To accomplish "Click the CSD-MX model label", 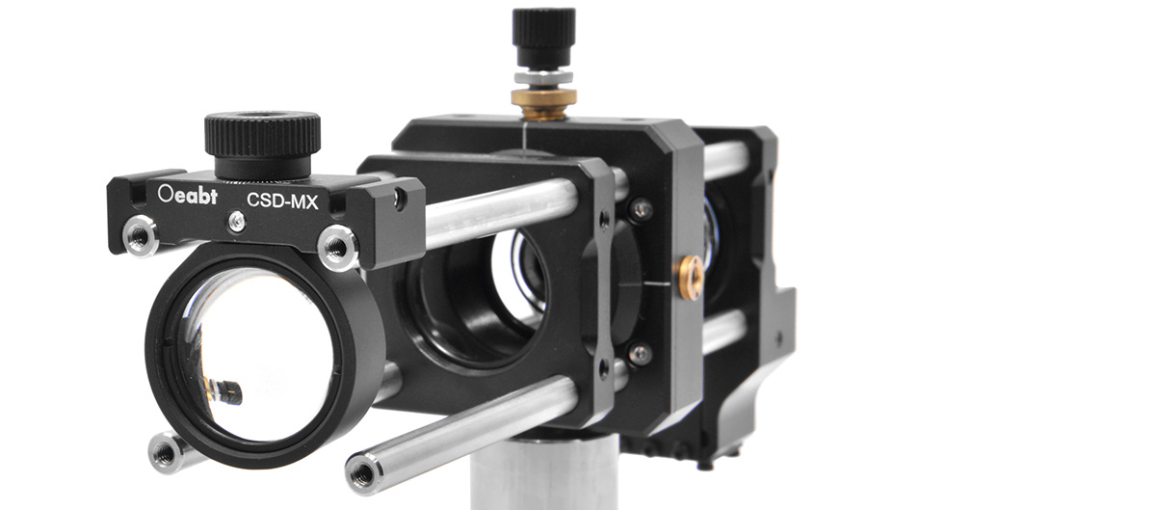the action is [x=282, y=201].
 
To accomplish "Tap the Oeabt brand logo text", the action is [x=188, y=195].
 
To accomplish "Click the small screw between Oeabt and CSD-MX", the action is [x=237, y=221].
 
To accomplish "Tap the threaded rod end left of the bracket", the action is [x=141, y=236].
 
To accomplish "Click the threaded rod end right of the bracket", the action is [x=337, y=247].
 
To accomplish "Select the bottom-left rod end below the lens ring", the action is [x=166, y=453].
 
